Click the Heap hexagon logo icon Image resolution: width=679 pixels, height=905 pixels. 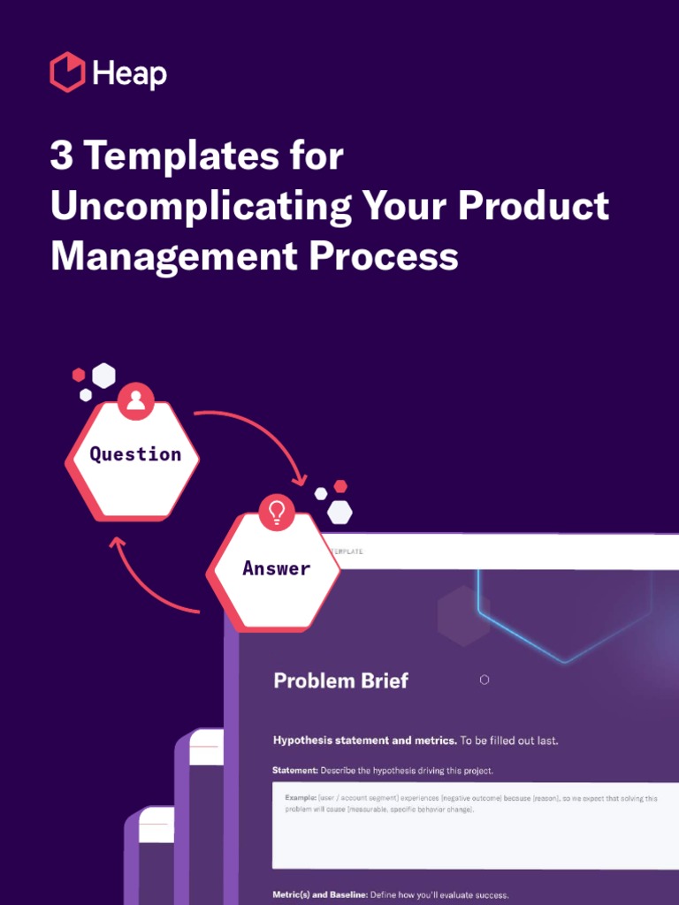[67, 72]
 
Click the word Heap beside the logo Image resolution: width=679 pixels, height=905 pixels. [129, 74]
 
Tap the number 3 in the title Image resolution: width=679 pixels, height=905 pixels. [61, 157]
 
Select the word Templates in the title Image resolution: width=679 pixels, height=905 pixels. [171, 157]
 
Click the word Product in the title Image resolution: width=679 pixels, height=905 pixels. [533, 207]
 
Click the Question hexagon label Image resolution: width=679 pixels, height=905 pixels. [135, 454]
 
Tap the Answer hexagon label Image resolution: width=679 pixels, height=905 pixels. [276, 568]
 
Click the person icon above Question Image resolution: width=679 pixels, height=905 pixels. [135, 400]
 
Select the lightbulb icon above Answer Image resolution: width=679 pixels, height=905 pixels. [277, 513]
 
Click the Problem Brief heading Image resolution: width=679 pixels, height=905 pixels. [340, 681]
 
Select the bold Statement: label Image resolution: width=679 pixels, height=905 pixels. [294, 771]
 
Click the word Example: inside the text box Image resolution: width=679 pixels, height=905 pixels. [301, 798]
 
